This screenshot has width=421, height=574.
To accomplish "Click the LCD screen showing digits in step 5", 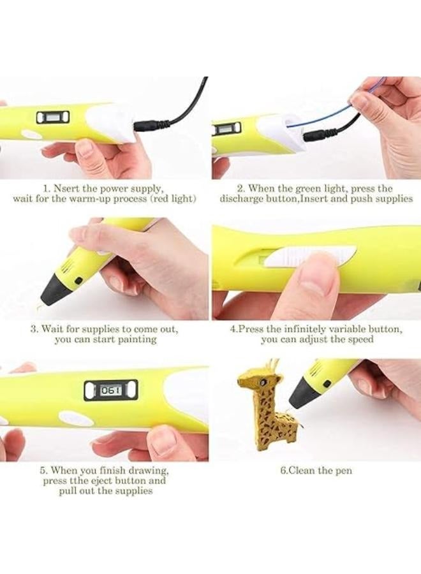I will point(110,390).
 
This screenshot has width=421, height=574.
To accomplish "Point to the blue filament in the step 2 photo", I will point(319,117).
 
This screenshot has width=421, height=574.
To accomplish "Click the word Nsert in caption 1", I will point(68,189).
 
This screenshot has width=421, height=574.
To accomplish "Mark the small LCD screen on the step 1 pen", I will point(53,117).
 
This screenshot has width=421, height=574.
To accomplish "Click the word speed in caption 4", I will point(361,340).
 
